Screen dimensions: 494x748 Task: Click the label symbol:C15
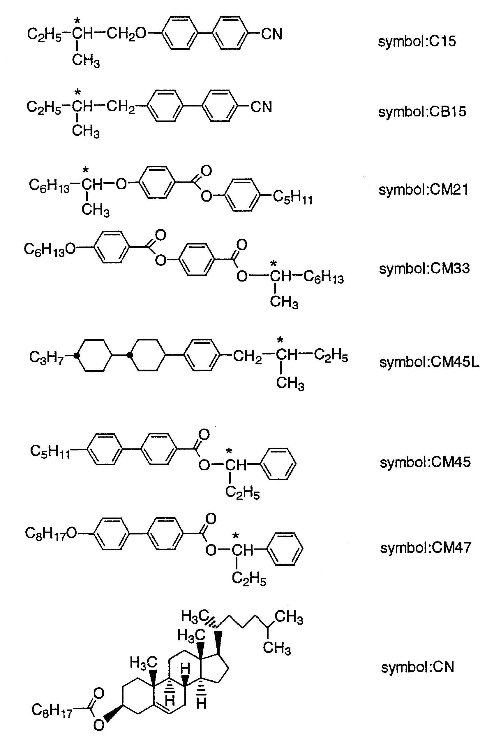click(417, 42)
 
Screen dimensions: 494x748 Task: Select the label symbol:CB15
click(422, 112)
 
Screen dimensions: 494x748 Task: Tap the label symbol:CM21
click(424, 190)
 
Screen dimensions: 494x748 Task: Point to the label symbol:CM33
click(424, 269)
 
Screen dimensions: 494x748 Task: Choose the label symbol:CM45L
click(429, 362)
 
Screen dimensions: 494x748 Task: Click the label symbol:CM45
click(425, 462)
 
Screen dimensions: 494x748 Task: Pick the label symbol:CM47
click(425, 548)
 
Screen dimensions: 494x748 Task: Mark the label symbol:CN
click(417, 667)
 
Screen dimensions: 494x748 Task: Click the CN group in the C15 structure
click(271, 34)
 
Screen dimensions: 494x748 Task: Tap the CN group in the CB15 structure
click(261, 107)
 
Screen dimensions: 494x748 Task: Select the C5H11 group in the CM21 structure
click(292, 198)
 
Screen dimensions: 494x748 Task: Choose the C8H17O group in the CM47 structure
click(51, 534)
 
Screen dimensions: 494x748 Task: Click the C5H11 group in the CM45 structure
click(50, 451)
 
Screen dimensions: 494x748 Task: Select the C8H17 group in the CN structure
click(52, 710)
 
